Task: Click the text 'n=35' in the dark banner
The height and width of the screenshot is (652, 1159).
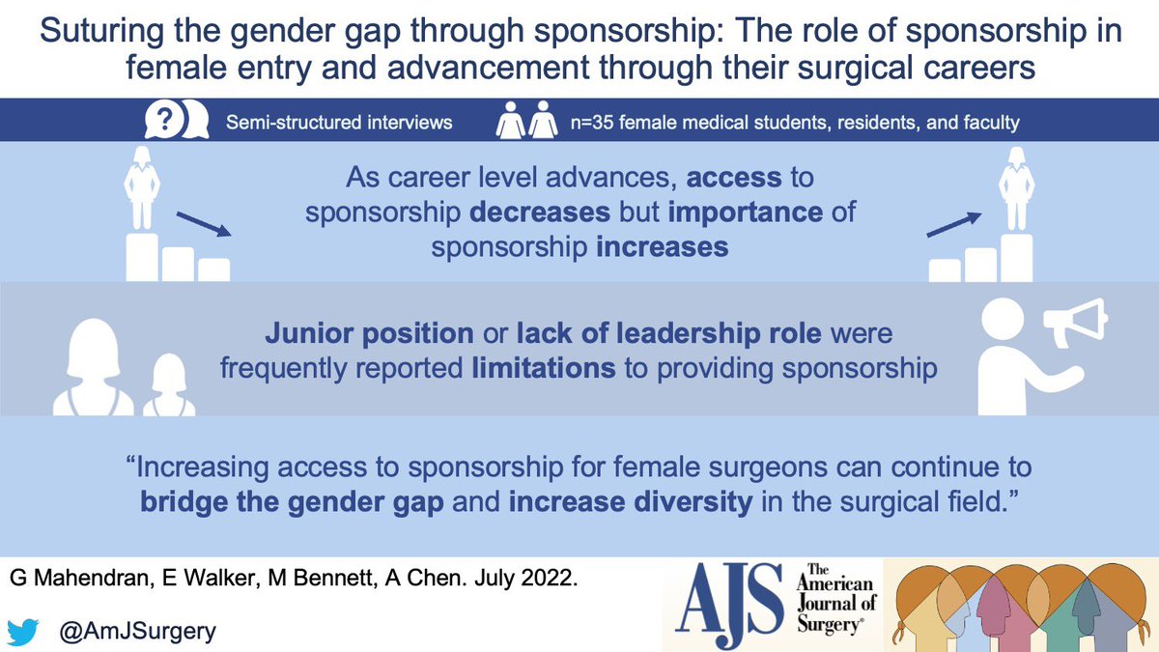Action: [592, 123]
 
